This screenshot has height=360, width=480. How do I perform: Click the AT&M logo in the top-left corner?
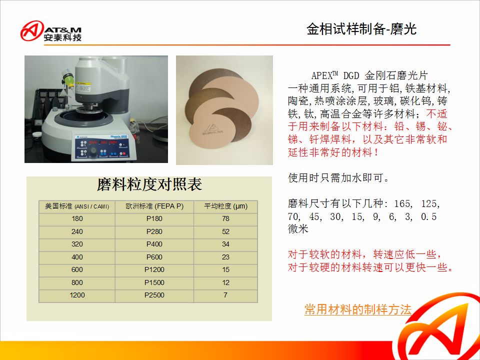[x=51, y=31]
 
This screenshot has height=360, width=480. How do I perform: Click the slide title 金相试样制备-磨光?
[x=361, y=29]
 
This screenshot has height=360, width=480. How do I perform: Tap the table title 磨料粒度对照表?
[x=149, y=184]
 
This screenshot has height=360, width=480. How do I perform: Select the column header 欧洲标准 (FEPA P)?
[x=154, y=206]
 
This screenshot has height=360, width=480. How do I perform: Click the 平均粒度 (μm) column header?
[x=226, y=206]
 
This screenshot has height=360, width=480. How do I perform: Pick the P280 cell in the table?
[x=154, y=231]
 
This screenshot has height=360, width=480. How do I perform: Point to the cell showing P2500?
[x=154, y=295]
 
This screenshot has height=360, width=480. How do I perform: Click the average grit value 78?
[x=225, y=219]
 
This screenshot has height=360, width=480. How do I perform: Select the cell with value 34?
[x=225, y=244]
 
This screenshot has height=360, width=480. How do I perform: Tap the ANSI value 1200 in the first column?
[x=77, y=295]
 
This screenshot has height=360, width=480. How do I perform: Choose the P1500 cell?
[x=154, y=282]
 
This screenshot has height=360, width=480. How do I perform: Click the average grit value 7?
[x=225, y=295]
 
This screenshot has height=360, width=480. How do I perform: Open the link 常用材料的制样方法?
[x=358, y=309]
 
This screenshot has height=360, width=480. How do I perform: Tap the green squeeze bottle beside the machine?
[x=67, y=78]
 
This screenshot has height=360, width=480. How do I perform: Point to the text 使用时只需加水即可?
[x=338, y=177]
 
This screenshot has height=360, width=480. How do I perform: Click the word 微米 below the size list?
[x=298, y=229]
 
